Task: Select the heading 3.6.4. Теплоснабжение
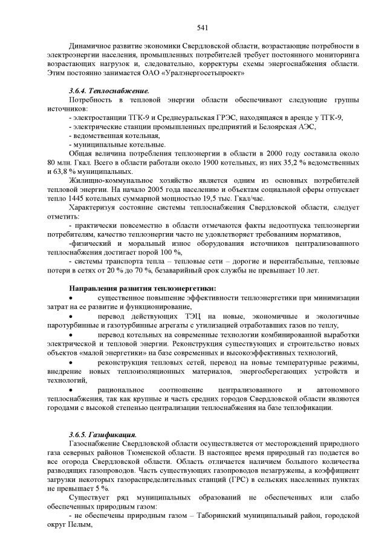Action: pos(109,90)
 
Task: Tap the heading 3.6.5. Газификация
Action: pos(103,434)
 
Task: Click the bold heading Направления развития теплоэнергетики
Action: pos(143,287)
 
